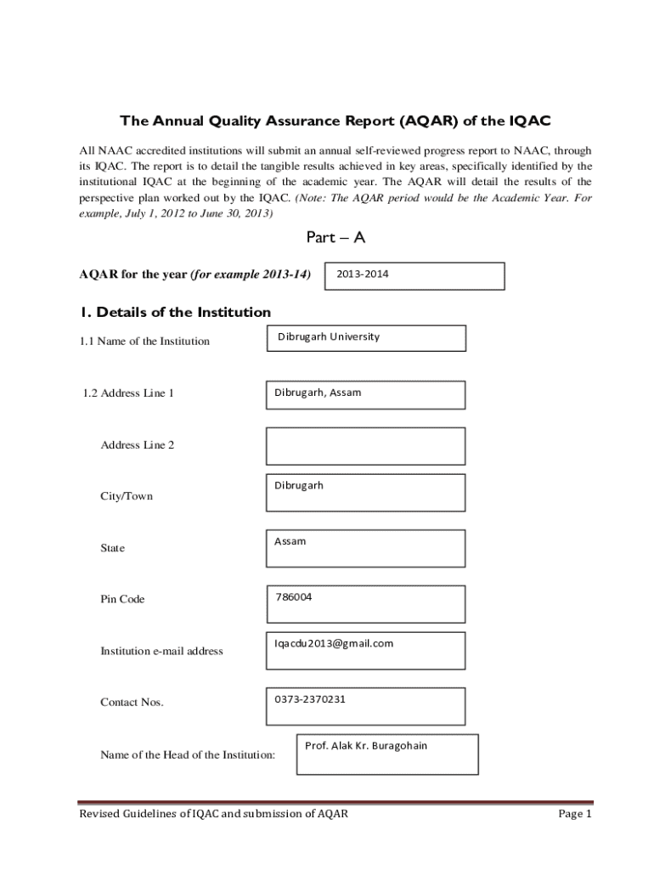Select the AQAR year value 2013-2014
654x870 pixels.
[x=364, y=274]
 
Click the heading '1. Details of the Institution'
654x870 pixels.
[x=175, y=312]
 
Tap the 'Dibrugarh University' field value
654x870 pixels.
[x=329, y=336]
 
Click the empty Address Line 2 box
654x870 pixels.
[x=365, y=445]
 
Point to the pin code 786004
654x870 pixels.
[x=293, y=597]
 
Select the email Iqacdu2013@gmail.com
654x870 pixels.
[x=334, y=643]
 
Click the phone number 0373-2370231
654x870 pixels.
[x=310, y=699]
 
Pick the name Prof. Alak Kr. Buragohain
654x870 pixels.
[x=366, y=746]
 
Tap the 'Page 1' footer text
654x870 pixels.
[x=574, y=814]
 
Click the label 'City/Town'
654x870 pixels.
[x=127, y=496]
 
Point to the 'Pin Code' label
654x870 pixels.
[x=122, y=599]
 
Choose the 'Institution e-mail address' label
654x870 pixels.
[x=161, y=651]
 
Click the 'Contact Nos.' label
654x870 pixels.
[x=132, y=703]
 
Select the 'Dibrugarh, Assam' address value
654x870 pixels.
[x=318, y=393]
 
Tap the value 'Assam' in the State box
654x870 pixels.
[x=290, y=541]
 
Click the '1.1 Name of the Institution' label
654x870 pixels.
[x=144, y=342]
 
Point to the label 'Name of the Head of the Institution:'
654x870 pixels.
[x=188, y=754]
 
